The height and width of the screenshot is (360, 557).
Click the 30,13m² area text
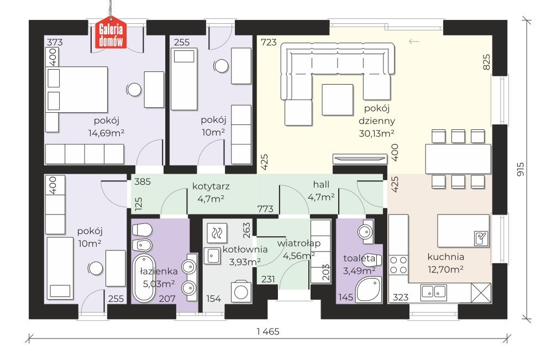[x=376, y=133]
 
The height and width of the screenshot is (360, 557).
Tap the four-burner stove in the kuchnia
[x=399, y=265]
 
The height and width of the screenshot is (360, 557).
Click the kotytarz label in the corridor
[x=211, y=186]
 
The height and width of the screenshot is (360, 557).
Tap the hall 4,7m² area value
[x=321, y=196]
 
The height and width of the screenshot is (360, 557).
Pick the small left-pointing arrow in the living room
[x=413, y=41]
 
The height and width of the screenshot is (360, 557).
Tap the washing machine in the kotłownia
[x=240, y=291]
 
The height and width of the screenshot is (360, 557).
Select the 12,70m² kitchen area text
[x=445, y=270]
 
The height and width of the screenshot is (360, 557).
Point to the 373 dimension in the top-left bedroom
[x=54, y=42]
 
